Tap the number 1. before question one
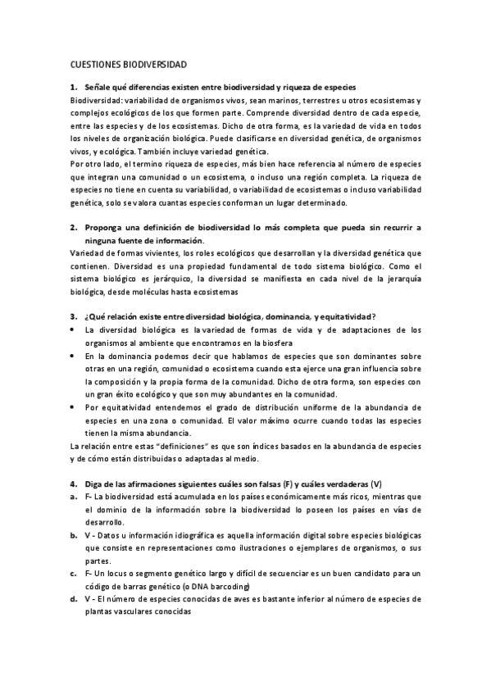click(74, 87)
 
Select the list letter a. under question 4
click(74, 497)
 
